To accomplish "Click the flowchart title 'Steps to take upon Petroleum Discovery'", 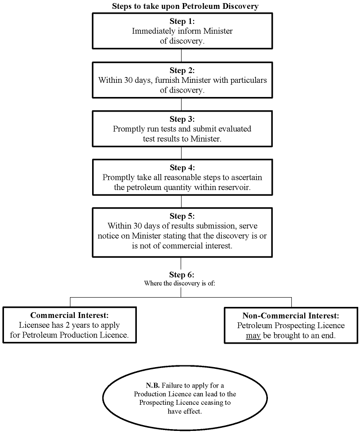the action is [x=185, y=6].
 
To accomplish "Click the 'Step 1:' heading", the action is [x=182, y=21].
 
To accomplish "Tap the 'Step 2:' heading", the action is [x=182, y=70].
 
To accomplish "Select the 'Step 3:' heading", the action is [x=182, y=119].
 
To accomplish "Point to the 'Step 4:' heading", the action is [x=182, y=167].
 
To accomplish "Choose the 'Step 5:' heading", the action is [x=182, y=216].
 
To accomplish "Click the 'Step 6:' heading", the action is [x=182, y=275].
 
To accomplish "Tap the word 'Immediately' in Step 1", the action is [x=153, y=31].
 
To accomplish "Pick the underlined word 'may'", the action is [x=253, y=336].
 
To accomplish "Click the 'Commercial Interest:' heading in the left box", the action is [x=70, y=315].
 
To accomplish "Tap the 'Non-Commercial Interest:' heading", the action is [x=290, y=315].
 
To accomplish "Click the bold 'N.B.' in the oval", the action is [x=153, y=385].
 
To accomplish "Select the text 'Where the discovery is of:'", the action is [x=180, y=283].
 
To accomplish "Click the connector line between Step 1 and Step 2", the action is [x=181, y=55].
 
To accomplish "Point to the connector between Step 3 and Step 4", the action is [x=181, y=153].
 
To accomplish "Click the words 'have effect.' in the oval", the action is [x=185, y=411].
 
